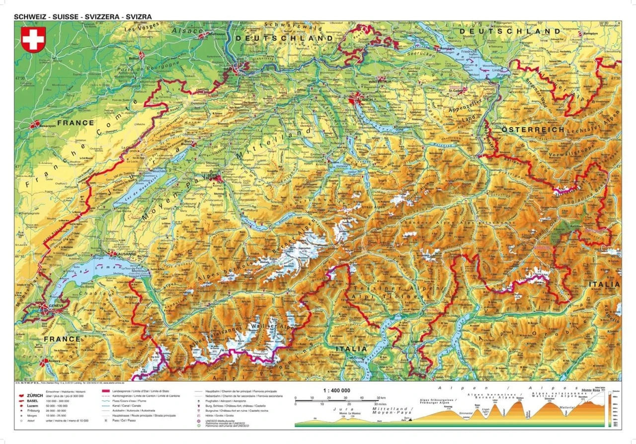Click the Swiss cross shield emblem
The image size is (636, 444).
[x=33, y=39]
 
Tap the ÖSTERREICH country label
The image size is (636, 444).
[x=533, y=129]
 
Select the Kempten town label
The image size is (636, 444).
[x=604, y=34]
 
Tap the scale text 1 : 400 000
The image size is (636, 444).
[x=336, y=390]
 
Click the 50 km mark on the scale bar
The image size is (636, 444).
[x=381, y=398]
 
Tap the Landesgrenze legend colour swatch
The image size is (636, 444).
[x=106, y=392]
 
